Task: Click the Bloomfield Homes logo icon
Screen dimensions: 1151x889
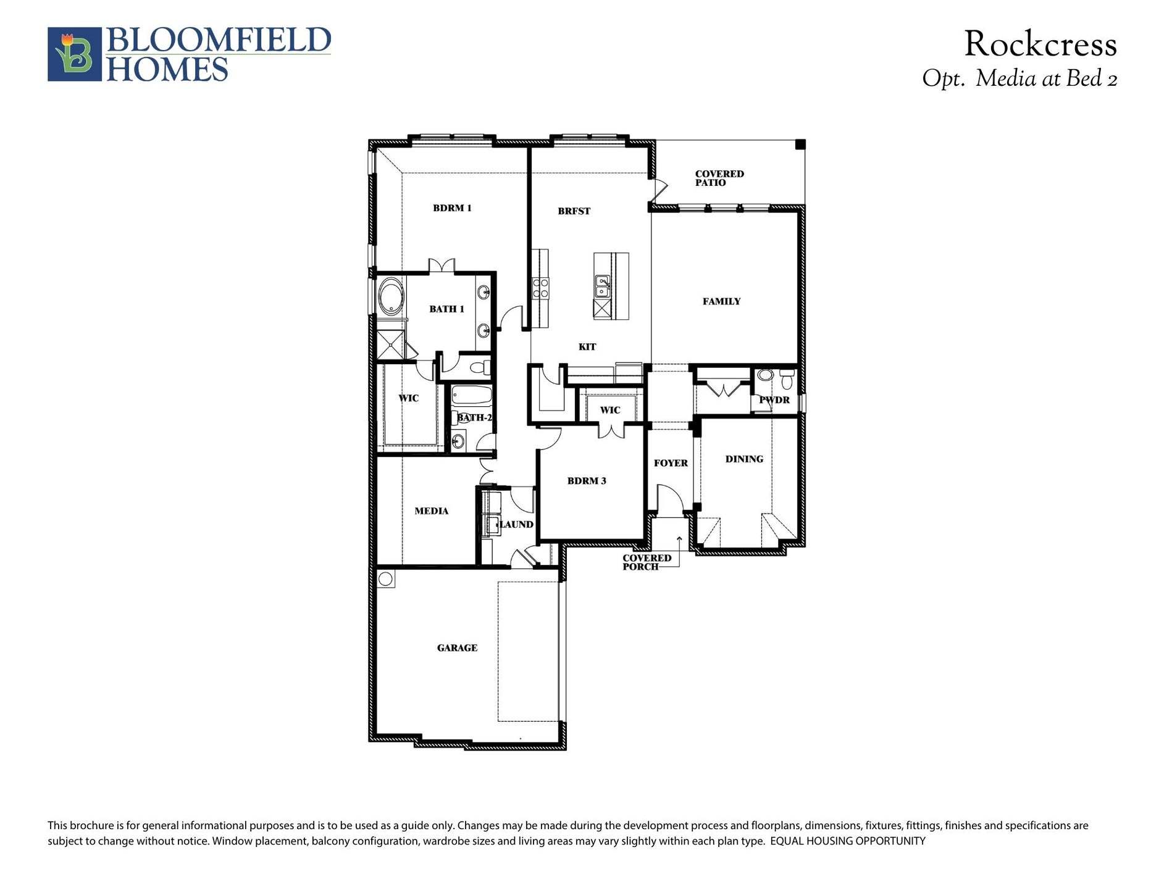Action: [75, 54]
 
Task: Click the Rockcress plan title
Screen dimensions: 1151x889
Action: [1040, 44]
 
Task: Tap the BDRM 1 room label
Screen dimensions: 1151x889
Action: [452, 208]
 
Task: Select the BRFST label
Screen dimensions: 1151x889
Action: [574, 211]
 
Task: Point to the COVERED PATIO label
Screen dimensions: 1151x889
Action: [719, 178]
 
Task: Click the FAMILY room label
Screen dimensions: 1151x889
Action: [721, 301]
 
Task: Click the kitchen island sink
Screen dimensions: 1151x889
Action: [602, 287]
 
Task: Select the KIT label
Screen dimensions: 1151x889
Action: [587, 347]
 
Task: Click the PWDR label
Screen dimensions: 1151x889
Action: [774, 400]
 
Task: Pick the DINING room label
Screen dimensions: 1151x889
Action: [744, 459]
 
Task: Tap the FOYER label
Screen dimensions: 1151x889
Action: [671, 463]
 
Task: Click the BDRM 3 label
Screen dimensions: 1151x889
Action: [587, 481]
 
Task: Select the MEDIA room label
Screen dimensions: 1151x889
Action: [432, 511]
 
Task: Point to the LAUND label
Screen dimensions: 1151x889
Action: [517, 525]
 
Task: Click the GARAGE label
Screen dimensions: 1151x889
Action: [457, 648]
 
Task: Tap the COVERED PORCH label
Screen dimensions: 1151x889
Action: [647, 562]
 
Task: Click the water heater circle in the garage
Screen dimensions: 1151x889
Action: [385, 578]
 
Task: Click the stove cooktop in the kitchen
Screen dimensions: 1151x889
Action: [540, 288]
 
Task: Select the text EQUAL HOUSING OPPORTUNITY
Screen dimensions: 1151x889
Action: [848, 841]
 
